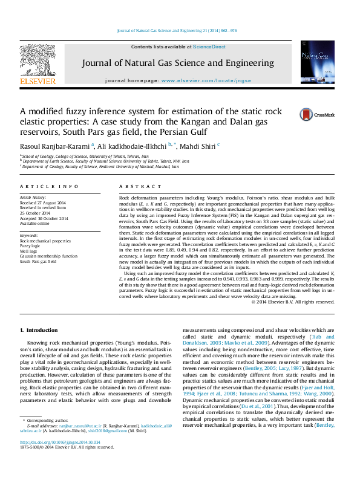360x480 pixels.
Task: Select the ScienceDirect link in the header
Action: click(209, 47)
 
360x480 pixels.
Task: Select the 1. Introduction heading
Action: click(40, 330)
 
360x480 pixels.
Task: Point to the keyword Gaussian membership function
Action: click(48, 256)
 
